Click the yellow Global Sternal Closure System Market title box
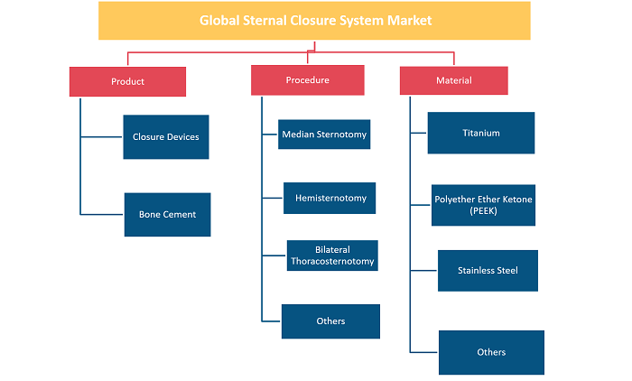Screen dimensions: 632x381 pos(314,21)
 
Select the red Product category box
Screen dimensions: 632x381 pos(127,81)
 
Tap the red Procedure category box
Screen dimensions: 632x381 pos(308,80)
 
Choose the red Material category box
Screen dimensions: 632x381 pos(454,80)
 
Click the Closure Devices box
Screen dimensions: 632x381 pos(166,137)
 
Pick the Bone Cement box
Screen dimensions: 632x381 pos(167,215)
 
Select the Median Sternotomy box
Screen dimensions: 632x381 pos(324,135)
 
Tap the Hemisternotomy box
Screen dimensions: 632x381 pos(330,198)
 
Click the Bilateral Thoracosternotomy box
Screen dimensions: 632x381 pos(332,256)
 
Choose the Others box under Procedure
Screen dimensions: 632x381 pos(330,321)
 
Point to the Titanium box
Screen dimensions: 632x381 pos(481,133)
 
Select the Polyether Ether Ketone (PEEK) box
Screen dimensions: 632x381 pos(483,205)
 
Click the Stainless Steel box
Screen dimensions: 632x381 pos(488,271)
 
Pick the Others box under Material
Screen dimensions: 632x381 pos(491,352)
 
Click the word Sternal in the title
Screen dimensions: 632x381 pos(265,21)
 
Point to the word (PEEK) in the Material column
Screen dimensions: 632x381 pos(483,211)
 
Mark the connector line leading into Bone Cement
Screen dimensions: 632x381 pos(101,215)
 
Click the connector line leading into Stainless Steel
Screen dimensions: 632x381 pos(423,271)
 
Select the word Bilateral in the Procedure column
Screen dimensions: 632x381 pos(332,249)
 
